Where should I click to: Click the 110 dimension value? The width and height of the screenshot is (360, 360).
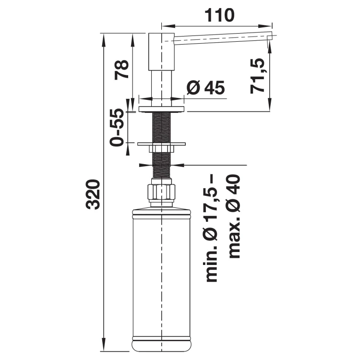coord(219,15)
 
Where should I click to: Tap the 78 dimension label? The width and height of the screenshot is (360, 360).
coord(121,70)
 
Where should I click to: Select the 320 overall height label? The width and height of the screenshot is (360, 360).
coord(93,194)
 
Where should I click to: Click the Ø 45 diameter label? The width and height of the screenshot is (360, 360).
coord(205,87)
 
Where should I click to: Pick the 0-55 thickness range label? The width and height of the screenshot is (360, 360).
coord(117,127)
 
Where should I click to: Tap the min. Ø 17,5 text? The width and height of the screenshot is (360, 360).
coord(212,228)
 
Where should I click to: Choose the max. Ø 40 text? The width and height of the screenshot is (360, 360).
coord(235,216)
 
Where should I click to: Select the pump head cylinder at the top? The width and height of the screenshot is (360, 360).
coord(162,52)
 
